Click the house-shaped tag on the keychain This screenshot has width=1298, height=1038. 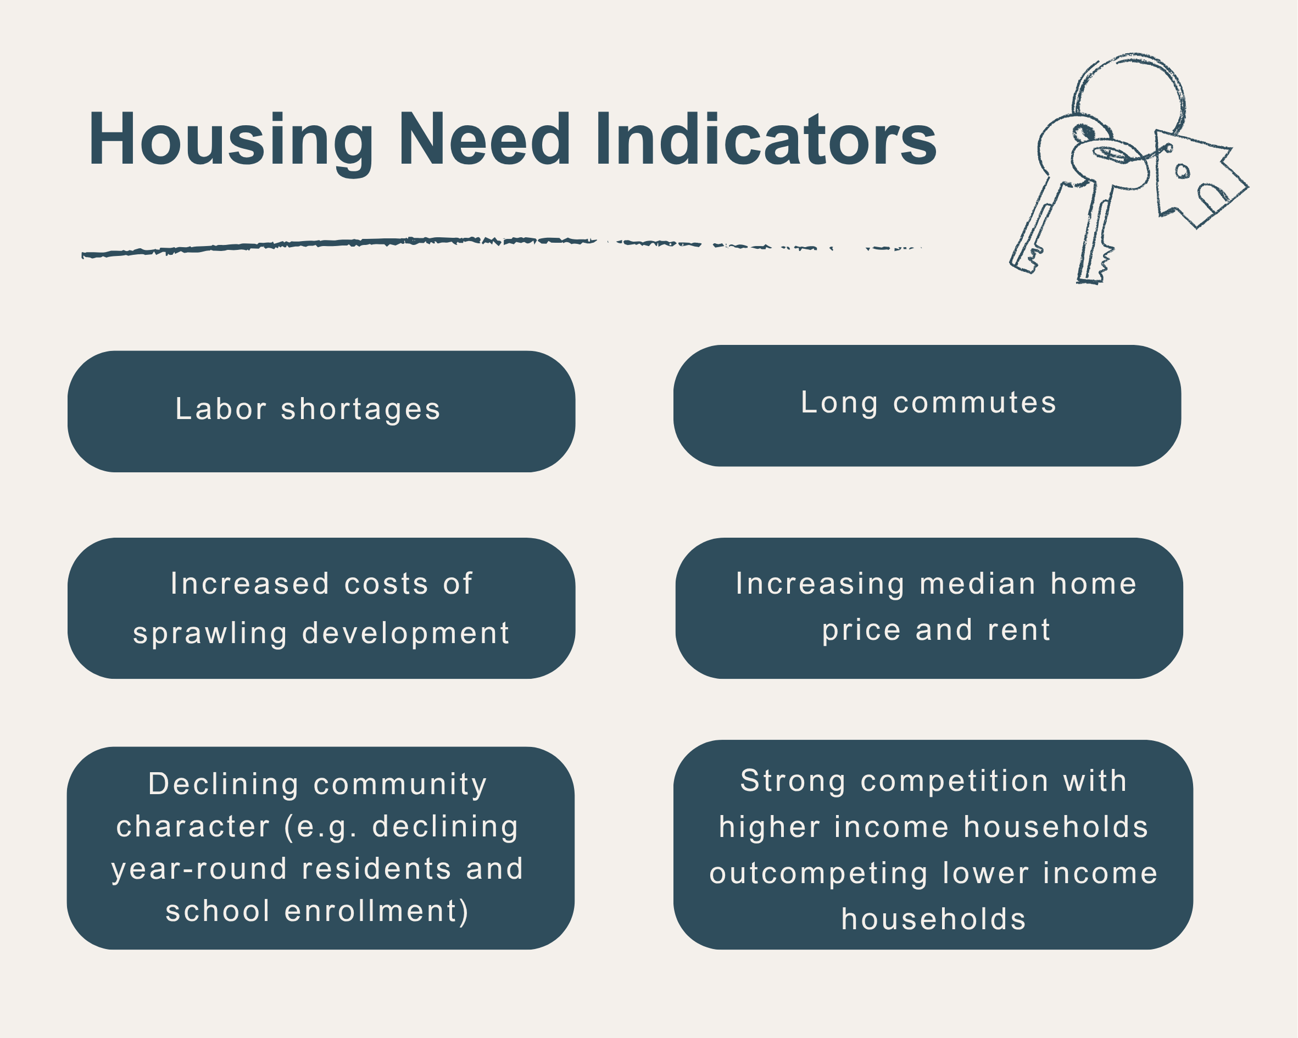point(1195,181)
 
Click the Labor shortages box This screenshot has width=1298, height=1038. point(321,411)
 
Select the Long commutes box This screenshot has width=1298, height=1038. point(927,405)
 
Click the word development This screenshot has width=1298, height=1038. point(406,633)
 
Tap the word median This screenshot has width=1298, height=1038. point(978,583)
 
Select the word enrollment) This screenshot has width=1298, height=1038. point(376,912)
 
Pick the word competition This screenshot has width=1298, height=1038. point(955,781)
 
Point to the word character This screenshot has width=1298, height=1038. point(193,827)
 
